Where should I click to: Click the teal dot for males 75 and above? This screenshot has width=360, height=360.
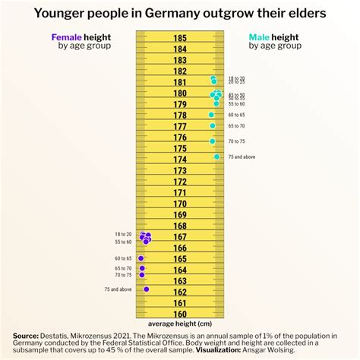coord(216,156)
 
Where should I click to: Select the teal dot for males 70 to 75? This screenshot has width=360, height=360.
coord(213,141)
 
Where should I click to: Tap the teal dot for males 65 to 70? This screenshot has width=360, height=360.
coord(213,126)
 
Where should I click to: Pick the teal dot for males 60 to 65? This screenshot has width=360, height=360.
coord(212,115)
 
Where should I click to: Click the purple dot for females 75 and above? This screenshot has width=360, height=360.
coord(146,289)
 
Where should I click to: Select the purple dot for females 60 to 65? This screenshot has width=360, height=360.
coord(141,259)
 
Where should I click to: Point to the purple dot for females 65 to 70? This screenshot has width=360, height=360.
coord(141,268)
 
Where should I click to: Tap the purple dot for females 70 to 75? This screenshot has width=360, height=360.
coord(141,276)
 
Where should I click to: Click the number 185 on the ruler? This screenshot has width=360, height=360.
coord(180,38)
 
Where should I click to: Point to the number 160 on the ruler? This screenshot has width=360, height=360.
coord(180,314)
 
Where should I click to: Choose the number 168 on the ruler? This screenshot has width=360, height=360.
coord(180,226)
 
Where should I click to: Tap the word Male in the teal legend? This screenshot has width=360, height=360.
coord(261,36)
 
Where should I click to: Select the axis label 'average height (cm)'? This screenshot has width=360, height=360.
coord(180,324)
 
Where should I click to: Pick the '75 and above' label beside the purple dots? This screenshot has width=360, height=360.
coord(118,289)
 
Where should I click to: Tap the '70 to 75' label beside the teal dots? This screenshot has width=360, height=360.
coord(236,141)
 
